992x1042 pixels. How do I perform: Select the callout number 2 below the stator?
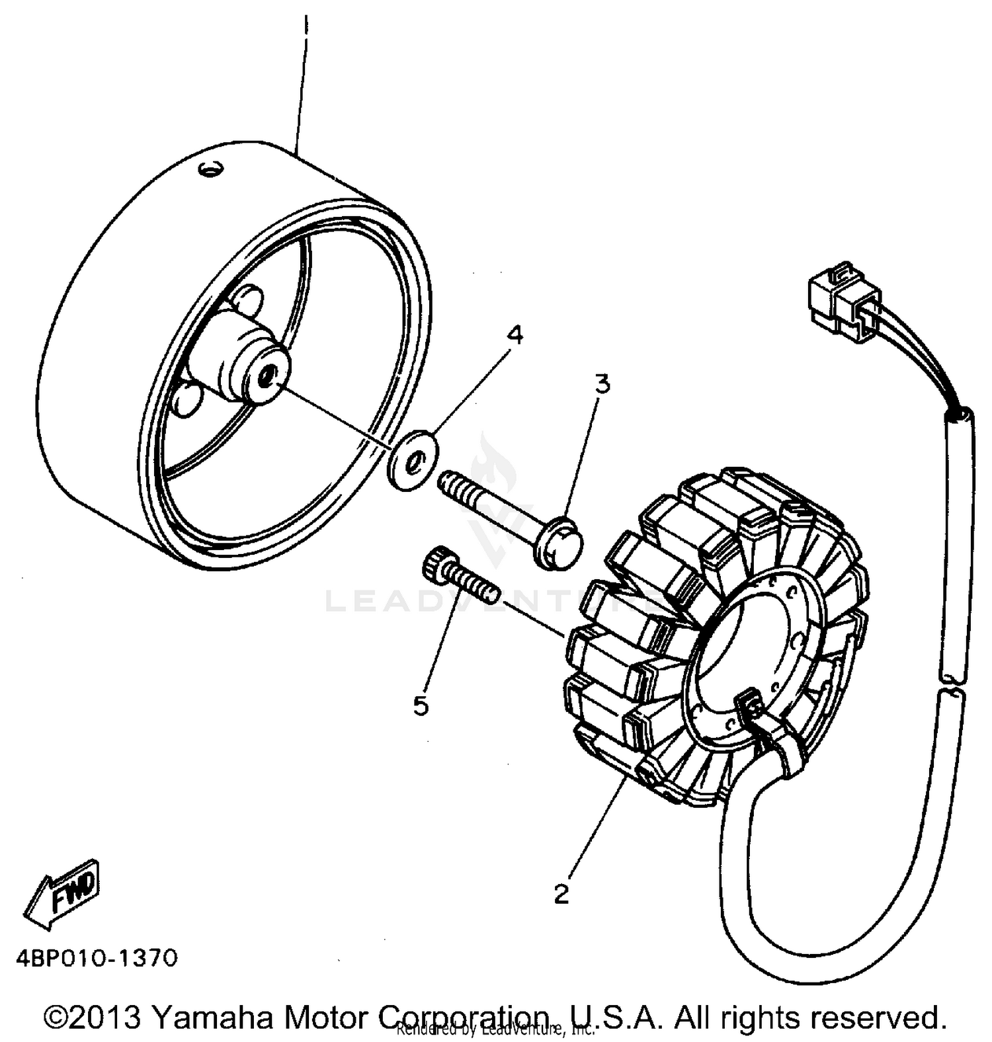[x=561, y=895]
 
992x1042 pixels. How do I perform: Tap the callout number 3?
[x=601, y=383]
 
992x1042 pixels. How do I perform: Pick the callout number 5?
[x=421, y=706]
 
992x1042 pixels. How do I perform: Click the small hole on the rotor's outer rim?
[x=212, y=170]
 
